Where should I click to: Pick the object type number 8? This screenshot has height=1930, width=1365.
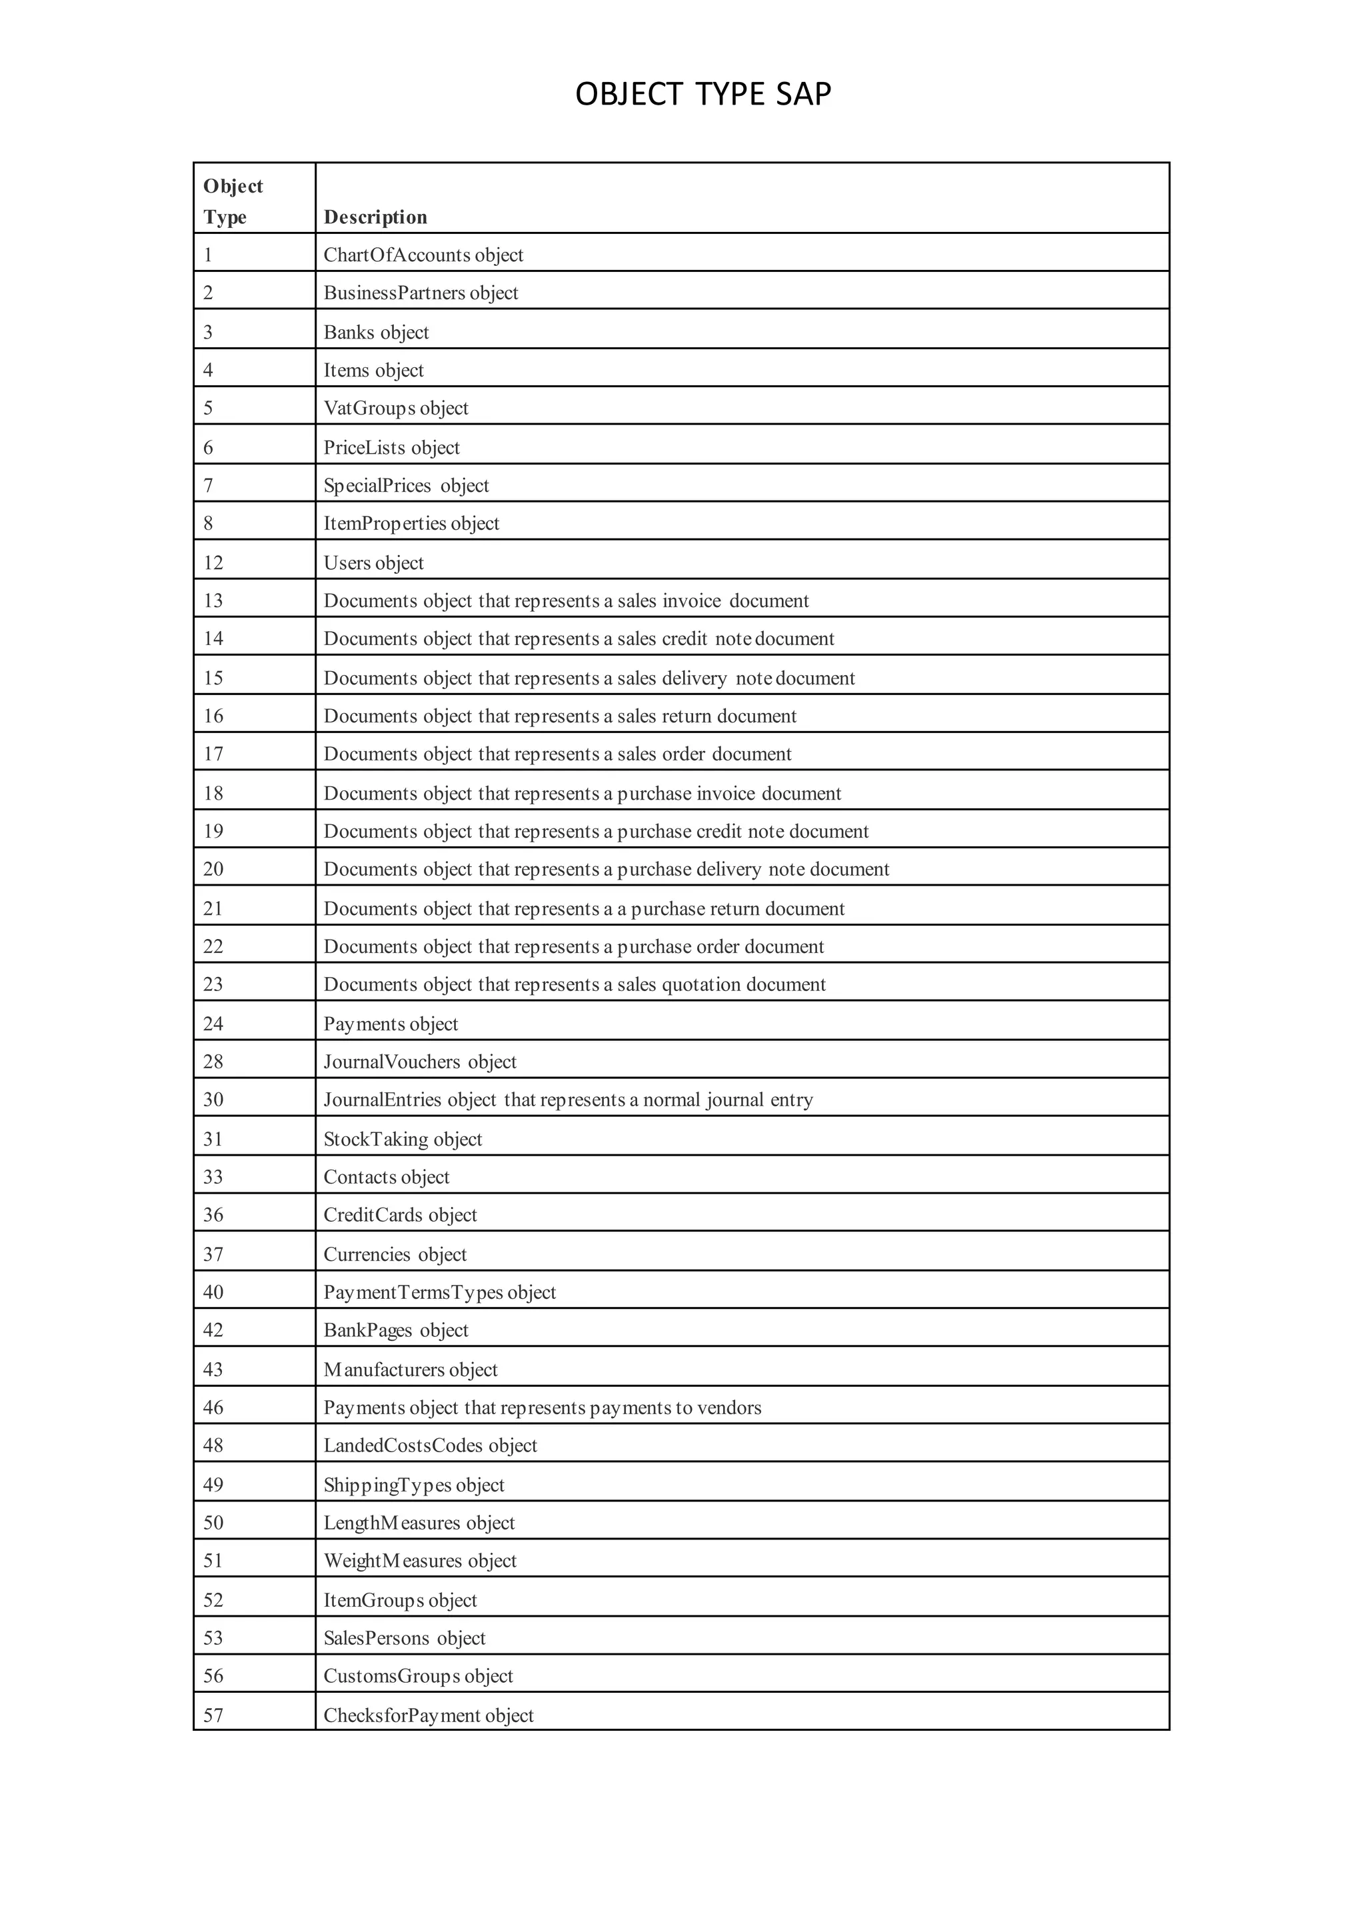point(209,523)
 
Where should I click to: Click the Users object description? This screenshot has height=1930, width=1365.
point(373,562)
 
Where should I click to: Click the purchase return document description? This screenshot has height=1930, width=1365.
point(583,908)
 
